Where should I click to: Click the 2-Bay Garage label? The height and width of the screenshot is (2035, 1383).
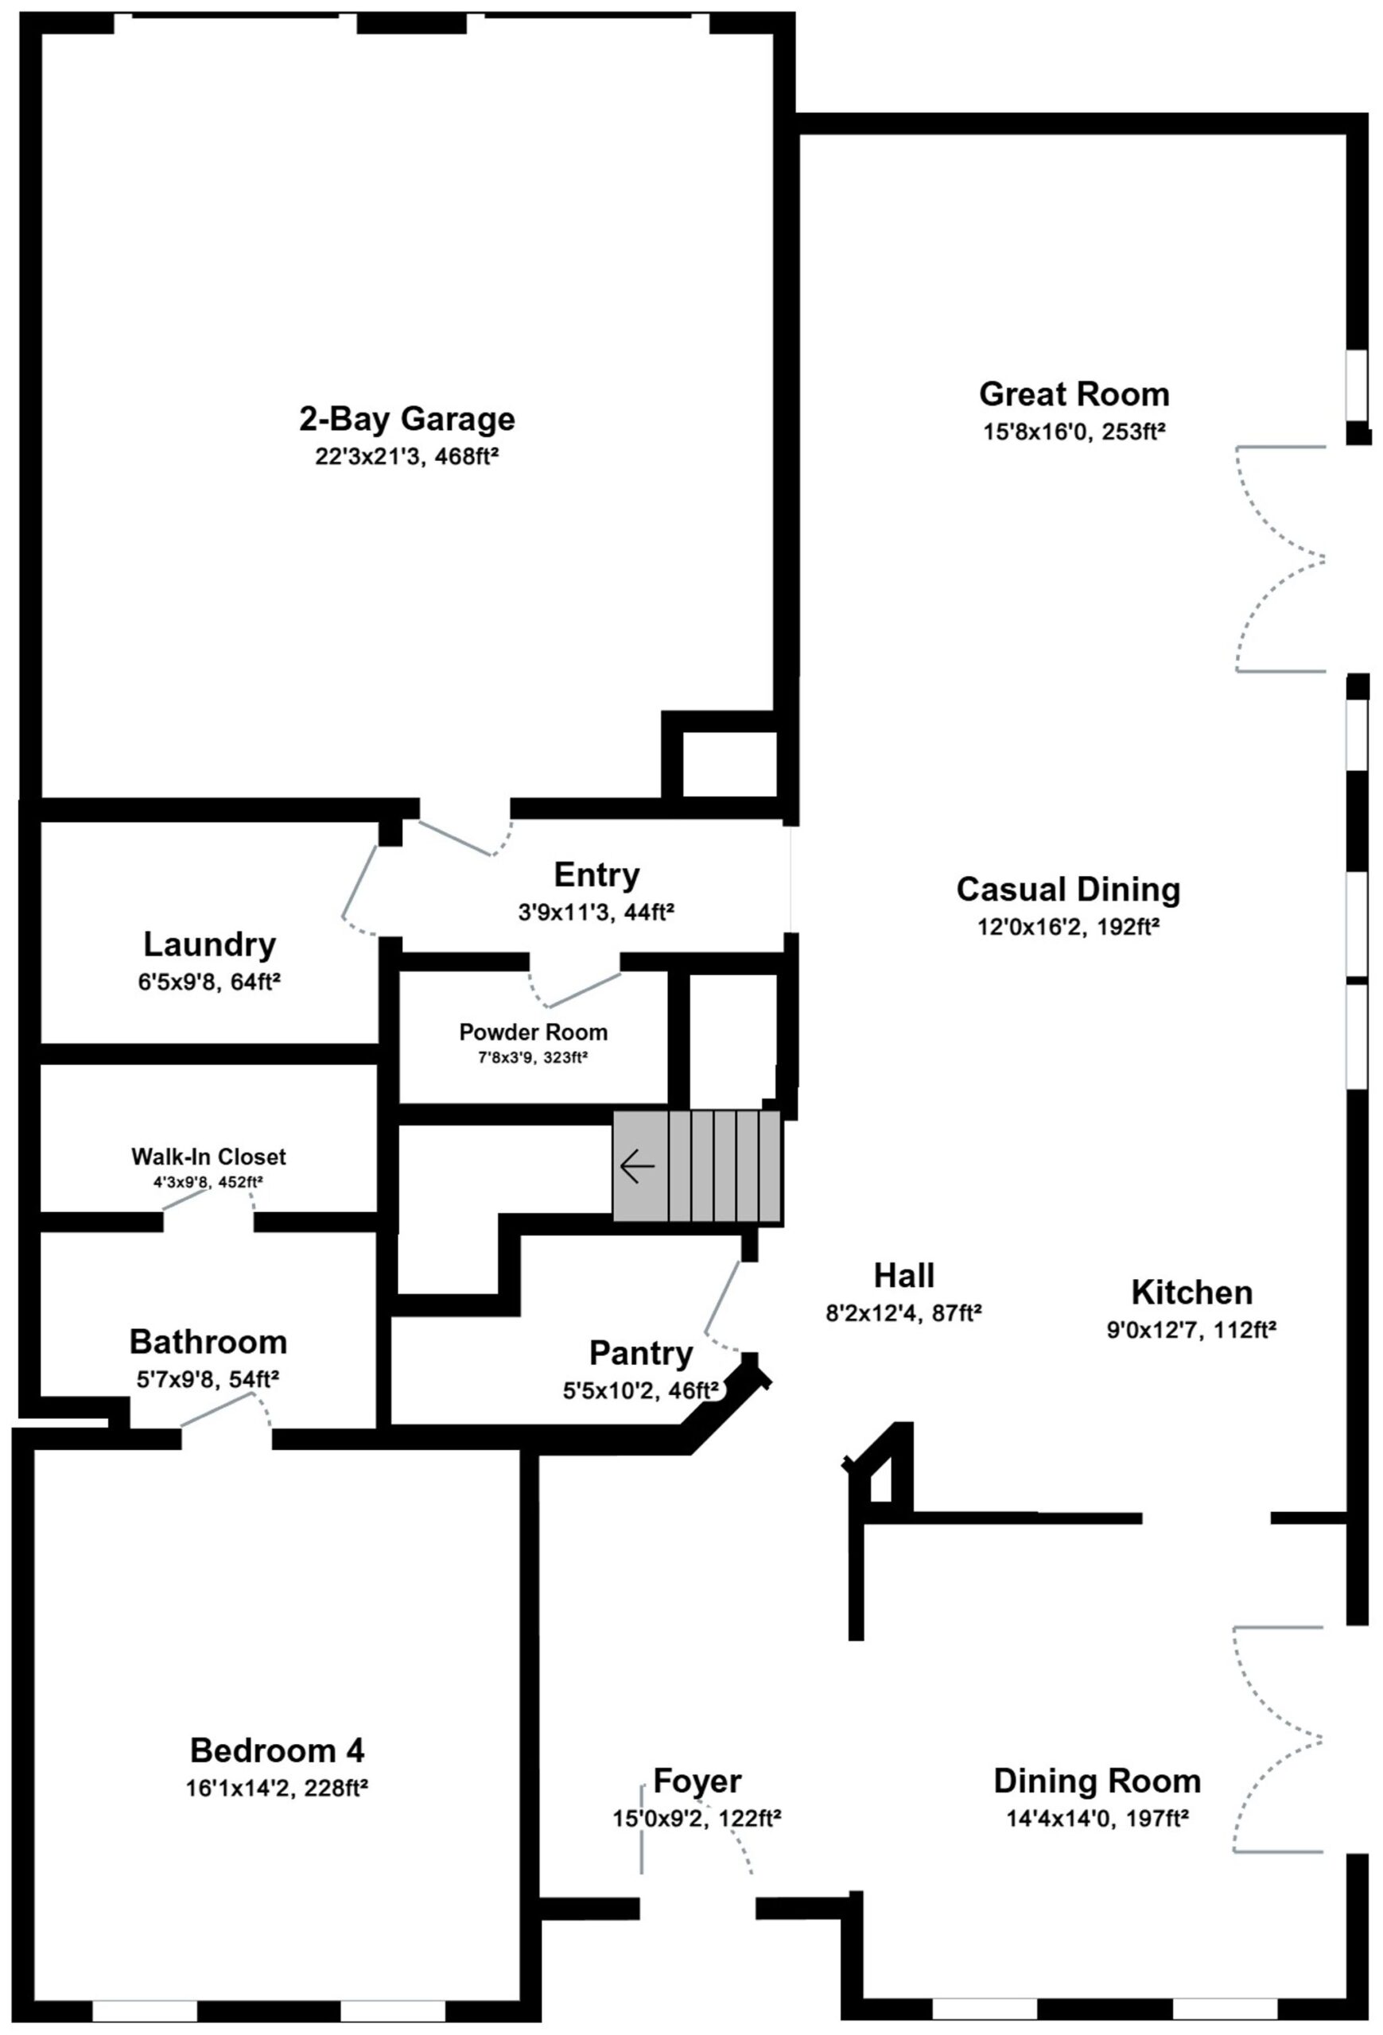click(407, 419)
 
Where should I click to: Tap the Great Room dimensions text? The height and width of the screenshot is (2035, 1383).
click(1074, 432)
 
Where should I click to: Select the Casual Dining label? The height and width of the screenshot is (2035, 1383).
click(1068, 889)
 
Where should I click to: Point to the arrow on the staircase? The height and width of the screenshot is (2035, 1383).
click(637, 1166)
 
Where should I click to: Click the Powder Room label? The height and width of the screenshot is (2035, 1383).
click(533, 1032)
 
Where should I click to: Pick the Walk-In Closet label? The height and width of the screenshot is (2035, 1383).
click(208, 1157)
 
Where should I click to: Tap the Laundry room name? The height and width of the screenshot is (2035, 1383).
click(209, 945)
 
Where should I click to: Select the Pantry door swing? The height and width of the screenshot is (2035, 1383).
click(724, 1308)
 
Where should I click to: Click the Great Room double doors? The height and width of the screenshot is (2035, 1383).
click(1280, 560)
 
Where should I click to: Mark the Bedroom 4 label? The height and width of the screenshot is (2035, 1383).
click(277, 1750)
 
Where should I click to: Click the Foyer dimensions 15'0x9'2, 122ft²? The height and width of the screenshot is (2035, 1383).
click(697, 1819)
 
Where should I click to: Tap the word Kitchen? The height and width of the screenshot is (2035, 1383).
click(1191, 1293)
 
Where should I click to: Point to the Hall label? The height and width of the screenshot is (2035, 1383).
click(904, 1275)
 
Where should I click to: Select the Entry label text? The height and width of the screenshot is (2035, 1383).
click(596, 874)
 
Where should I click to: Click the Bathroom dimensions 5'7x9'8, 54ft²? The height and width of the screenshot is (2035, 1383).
click(208, 1379)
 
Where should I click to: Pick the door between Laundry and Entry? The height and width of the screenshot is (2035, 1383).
click(359, 889)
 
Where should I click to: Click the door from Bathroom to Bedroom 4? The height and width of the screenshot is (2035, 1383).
click(225, 1411)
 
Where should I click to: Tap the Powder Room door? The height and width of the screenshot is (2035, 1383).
click(574, 989)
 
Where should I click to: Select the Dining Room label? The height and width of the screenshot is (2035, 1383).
click(1097, 1781)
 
